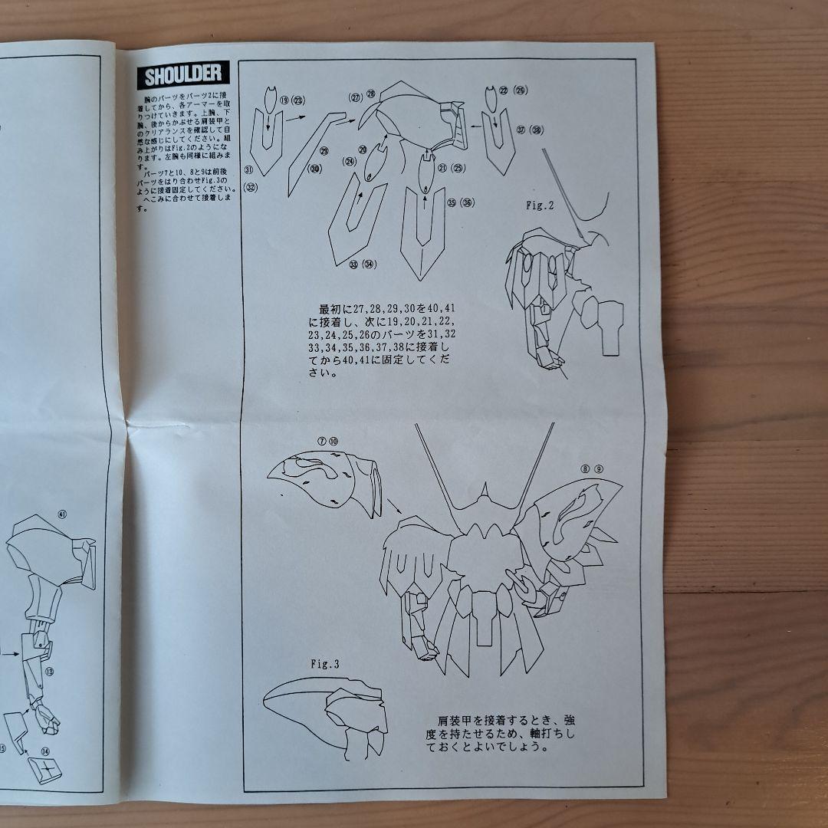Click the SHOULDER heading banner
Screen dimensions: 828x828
click(180, 74)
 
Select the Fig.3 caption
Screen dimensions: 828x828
click(324, 665)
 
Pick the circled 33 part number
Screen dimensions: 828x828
click(354, 264)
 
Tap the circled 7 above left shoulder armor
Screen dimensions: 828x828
click(321, 442)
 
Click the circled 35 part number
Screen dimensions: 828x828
click(452, 202)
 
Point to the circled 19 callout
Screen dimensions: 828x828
click(284, 100)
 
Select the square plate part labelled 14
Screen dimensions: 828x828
click(48, 768)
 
